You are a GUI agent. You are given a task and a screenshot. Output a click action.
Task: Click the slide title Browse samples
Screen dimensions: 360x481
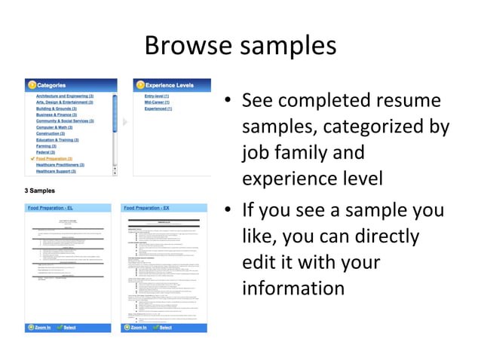[x=240, y=45]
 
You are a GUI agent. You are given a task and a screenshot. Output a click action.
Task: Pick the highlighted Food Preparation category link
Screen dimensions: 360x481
[x=54, y=159]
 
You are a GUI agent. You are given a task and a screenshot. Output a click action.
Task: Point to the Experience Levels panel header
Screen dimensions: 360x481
[x=169, y=85]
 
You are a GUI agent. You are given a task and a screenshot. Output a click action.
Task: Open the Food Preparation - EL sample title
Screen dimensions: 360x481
[x=51, y=207]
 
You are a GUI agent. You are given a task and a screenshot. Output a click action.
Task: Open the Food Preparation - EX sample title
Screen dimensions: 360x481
[x=146, y=207]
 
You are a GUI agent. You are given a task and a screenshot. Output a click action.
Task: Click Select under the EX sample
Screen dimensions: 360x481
[x=165, y=328]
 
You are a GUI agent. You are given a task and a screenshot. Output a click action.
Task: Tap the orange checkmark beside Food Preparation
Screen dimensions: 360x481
[x=32, y=159]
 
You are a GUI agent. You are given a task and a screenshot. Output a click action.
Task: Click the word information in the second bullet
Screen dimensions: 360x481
[x=293, y=288]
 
